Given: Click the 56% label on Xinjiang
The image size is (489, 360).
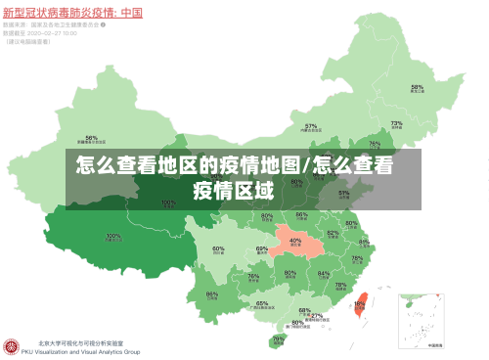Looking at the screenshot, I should pyautogui.click(x=91, y=138).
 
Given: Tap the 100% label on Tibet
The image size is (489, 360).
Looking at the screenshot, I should pyautogui.click(x=113, y=236).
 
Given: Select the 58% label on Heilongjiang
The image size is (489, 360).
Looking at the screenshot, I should pyautogui.click(x=417, y=88).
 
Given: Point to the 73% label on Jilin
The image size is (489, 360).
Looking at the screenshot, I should pyautogui.click(x=396, y=124).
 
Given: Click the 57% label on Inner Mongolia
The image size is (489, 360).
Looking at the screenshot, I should pyautogui.click(x=311, y=126).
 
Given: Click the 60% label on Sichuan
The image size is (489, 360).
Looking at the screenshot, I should pyautogui.click(x=218, y=249).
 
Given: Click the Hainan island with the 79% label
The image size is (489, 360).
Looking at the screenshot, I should pyautogui.click(x=278, y=340).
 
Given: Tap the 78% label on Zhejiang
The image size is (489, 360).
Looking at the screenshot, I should pyautogui.click(x=356, y=259).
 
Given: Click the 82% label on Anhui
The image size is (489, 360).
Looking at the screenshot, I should pyautogui.click(x=333, y=234).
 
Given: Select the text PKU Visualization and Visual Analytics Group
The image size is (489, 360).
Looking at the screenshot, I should pyautogui.click(x=88, y=352).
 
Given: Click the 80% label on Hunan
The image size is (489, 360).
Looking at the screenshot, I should pyautogui.click(x=290, y=273).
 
